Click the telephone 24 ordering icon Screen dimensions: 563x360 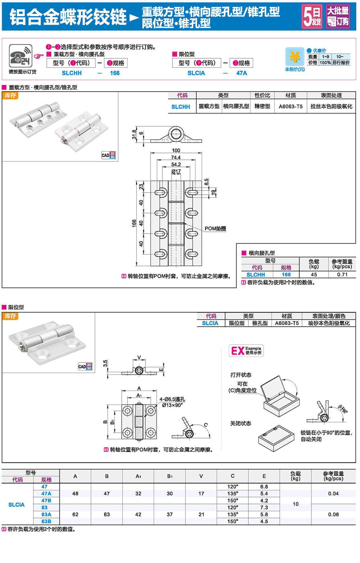point(21,56)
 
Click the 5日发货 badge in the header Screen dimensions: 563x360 point(312,16)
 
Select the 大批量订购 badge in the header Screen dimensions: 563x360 point(338,16)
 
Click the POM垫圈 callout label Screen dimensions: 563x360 point(215,229)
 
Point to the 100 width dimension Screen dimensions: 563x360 point(176,150)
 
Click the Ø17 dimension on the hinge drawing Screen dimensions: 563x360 point(176,171)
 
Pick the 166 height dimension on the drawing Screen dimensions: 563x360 point(134,223)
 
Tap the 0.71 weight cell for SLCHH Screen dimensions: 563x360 point(342,274)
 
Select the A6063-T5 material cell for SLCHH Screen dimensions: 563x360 point(291,107)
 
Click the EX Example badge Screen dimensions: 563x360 point(246,350)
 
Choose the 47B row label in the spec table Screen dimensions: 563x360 point(46,500)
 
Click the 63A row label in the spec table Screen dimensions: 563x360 point(46,514)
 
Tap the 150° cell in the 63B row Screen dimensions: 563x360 point(233,521)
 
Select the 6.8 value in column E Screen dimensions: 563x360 point(264,487)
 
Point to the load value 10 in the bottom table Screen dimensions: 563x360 point(296,504)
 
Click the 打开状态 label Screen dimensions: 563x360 point(241,375)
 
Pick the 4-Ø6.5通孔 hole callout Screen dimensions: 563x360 point(172,399)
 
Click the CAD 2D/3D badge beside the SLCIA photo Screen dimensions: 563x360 point(85,366)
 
